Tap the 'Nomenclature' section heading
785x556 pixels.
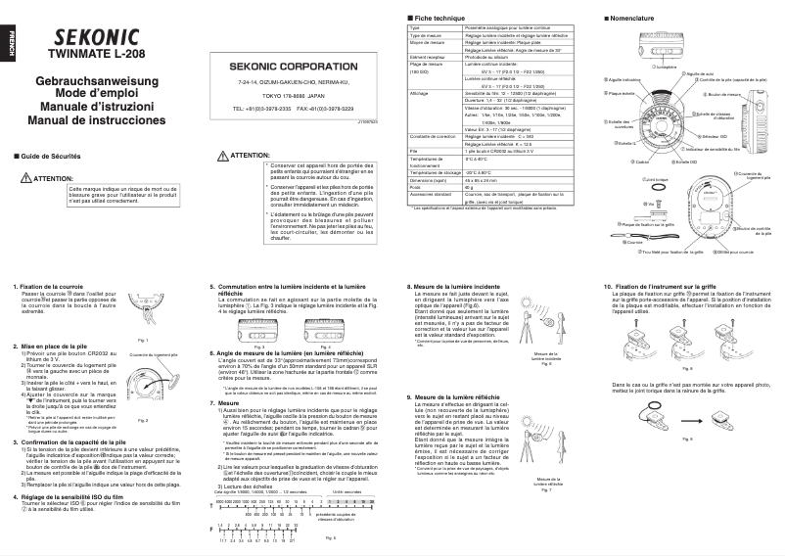tap(635, 19)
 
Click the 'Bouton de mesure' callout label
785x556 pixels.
tap(724, 95)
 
